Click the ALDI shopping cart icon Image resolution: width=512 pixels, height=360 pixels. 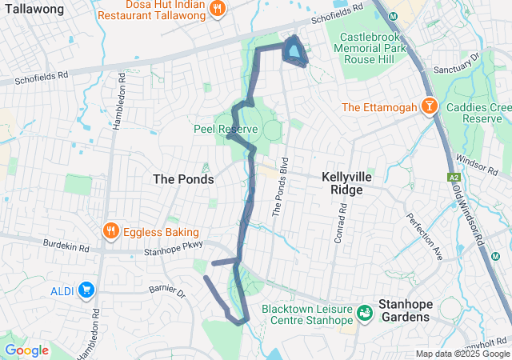[86, 289]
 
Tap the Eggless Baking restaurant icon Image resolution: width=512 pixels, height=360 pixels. [111, 232]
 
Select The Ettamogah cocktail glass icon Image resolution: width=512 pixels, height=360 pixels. [430, 107]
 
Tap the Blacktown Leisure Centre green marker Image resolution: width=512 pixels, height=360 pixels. [365, 312]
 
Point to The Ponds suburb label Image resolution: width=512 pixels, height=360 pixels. [183, 179]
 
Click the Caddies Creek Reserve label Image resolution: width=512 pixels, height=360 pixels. [478, 113]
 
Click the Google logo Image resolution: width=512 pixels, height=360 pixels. [26, 350]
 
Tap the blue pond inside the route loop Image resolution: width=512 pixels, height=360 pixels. [295, 52]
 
